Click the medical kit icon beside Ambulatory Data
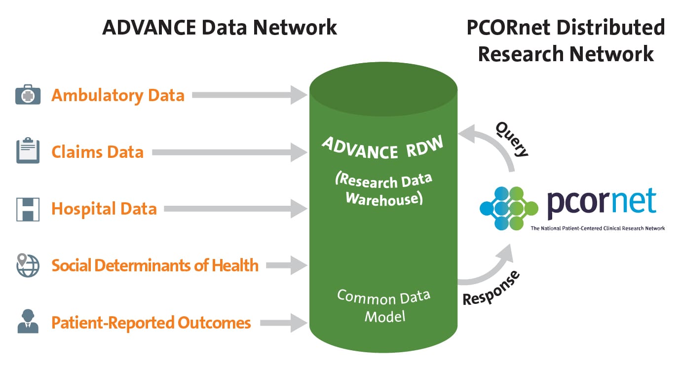coord(28,95)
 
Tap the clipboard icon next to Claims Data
coord(28,151)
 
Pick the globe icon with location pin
coord(28,265)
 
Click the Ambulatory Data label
coord(118,95)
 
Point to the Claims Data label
coord(98,152)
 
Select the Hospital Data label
coord(104,209)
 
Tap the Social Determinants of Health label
coord(155,265)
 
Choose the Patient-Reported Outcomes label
coord(151,323)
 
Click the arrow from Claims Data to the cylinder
coord(229,152)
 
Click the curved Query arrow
coord(493,143)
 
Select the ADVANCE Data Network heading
coord(220,27)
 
